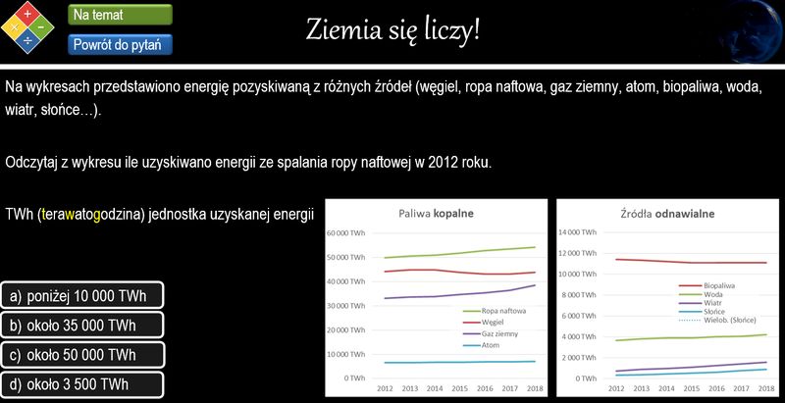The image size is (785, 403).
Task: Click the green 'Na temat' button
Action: coord(120,15)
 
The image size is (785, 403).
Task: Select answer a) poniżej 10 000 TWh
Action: coord(82,295)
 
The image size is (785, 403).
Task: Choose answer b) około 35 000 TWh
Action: coord(82,326)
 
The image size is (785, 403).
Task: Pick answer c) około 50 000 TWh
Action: coord(82,355)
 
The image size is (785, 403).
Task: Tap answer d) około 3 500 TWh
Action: coord(82,384)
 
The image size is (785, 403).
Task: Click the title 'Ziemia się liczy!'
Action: coord(392,30)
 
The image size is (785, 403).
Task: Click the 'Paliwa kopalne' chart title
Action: coord(436,214)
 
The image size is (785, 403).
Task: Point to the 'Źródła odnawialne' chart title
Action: coord(667,214)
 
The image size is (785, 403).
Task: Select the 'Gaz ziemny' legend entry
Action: coord(490,333)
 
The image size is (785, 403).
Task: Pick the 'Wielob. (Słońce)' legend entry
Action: coord(717,320)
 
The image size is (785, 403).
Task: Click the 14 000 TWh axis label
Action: coord(577,232)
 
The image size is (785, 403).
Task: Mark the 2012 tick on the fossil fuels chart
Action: coord(385,388)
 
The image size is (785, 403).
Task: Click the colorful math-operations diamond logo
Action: coord(27,27)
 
